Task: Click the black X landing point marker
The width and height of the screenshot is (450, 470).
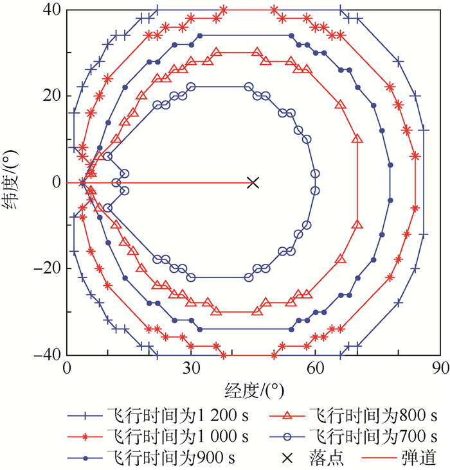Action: pos(253,182)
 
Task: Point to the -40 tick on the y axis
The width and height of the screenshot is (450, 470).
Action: pos(48,355)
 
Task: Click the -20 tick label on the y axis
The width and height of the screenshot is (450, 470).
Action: pos(48,269)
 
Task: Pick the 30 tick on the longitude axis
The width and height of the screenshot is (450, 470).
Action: pos(191,369)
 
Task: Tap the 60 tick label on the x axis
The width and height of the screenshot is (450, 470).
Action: pos(315,369)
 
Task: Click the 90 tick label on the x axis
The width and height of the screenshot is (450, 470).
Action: pos(439,369)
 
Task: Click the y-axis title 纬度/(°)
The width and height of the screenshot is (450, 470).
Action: pos(14,183)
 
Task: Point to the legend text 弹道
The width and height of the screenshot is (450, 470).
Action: pos(422,458)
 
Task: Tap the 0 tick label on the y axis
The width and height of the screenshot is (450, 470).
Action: pos(57,182)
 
